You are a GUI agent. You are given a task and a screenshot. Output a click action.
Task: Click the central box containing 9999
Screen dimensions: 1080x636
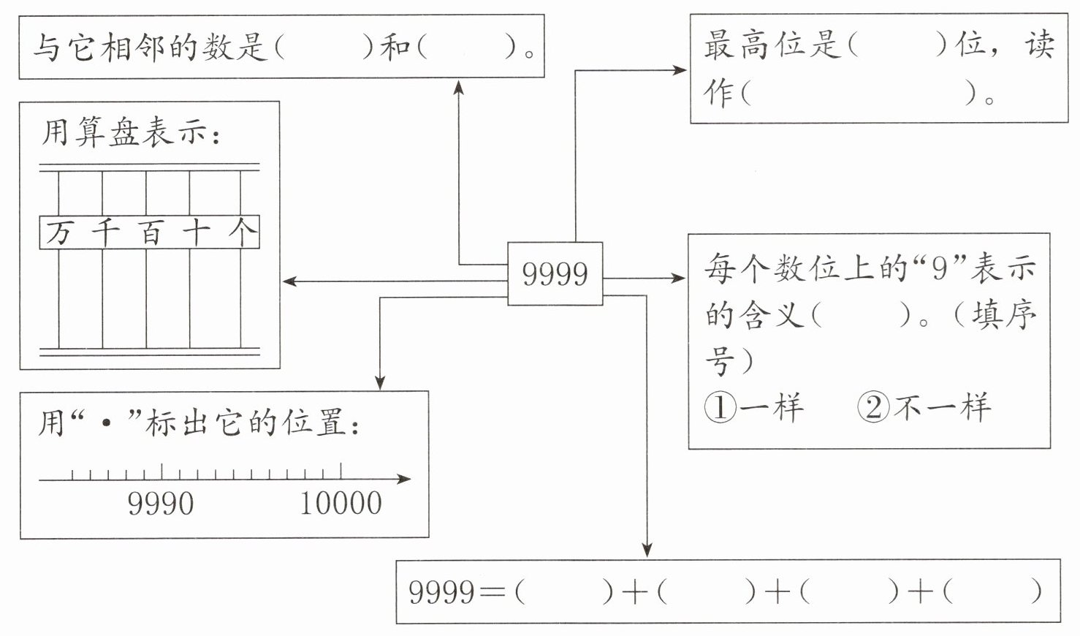tap(555, 273)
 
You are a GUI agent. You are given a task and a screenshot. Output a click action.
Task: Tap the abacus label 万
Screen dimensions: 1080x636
tap(58, 232)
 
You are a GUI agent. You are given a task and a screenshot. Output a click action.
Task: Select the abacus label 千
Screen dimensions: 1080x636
tap(104, 232)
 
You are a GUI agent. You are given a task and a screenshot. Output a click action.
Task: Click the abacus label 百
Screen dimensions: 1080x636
tap(151, 232)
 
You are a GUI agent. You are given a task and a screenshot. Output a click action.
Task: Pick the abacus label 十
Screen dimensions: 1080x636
tap(196, 232)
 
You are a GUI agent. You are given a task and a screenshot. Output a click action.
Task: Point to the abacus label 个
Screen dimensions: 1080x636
tap(242, 232)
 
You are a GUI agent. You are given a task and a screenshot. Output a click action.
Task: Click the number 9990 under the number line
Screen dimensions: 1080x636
tap(161, 504)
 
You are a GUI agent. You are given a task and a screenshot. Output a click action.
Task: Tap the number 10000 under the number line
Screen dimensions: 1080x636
tap(341, 504)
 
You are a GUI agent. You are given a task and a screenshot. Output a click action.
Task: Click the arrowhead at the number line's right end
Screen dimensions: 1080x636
tap(403, 479)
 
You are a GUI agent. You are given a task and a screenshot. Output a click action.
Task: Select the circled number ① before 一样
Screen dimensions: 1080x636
tap(720, 407)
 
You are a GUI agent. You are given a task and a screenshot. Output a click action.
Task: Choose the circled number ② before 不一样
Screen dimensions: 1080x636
tap(873, 407)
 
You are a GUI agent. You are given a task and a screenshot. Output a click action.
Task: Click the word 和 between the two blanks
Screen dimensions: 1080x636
tap(395, 48)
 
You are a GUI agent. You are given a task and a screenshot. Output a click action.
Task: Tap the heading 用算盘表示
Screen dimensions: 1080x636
tap(126, 132)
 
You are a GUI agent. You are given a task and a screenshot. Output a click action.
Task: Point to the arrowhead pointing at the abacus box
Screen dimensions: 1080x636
tap(289, 281)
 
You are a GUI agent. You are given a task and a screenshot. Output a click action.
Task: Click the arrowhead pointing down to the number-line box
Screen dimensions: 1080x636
tap(380, 383)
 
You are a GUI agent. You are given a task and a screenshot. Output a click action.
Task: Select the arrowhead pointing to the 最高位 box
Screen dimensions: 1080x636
tap(680, 70)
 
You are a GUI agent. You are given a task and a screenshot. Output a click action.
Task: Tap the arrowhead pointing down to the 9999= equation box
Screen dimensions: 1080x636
tap(647, 550)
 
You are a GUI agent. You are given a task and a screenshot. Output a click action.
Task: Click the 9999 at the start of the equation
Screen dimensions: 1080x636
tap(441, 592)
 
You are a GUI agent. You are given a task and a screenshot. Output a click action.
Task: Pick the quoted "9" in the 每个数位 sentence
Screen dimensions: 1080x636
tap(940, 268)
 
